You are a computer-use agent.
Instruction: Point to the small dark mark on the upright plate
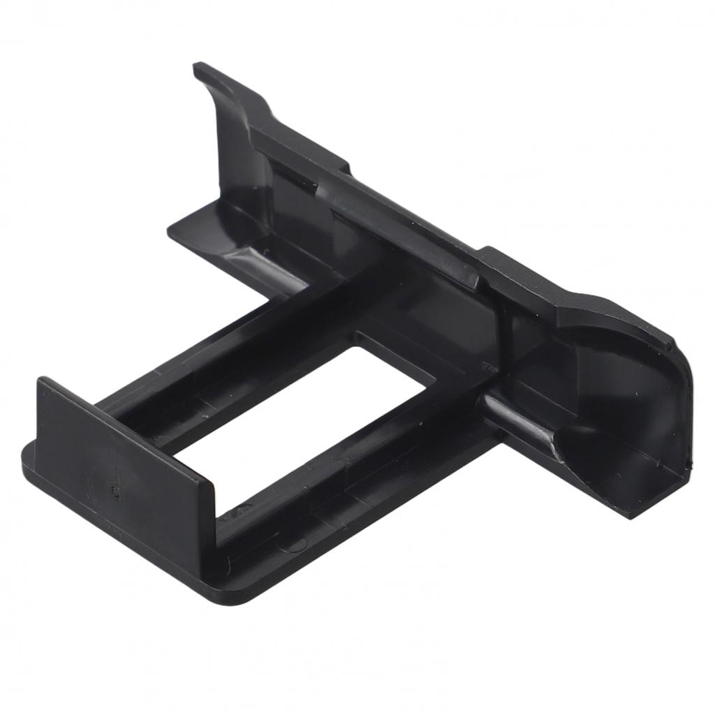[115, 493]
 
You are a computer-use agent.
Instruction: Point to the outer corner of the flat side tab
[172, 230]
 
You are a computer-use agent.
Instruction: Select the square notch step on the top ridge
[342, 168]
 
